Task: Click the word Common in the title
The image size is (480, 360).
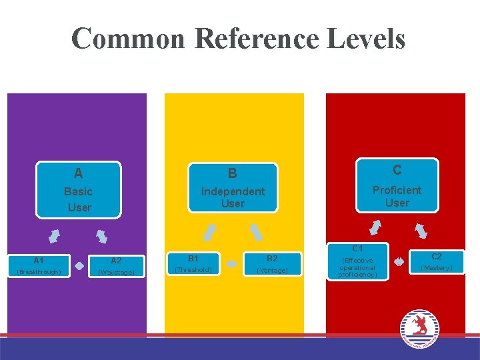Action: point(128,39)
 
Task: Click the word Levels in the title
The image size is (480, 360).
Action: point(367,39)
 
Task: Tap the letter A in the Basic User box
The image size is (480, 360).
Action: point(79,174)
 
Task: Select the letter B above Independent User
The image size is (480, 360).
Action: point(232,174)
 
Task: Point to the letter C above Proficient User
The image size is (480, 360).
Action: point(397,171)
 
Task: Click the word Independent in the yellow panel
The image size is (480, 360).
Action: point(233,191)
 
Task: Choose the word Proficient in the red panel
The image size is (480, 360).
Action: point(397,190)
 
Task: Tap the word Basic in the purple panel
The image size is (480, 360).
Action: point(79,192)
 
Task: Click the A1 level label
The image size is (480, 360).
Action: point(39,261)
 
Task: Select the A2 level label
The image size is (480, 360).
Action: point(116,261)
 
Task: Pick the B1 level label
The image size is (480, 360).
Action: point(193,258)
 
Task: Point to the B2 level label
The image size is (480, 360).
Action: point(272,258)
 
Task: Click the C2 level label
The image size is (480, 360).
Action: point(436,256)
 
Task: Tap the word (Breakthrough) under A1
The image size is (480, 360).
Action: point(39,272)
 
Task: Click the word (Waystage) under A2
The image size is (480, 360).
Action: point(116,272)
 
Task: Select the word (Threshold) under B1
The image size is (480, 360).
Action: point(193,270)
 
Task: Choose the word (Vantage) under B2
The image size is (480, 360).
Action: point(272,270)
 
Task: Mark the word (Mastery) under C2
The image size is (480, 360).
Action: point(436,268)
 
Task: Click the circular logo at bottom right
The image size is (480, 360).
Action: point(419,328)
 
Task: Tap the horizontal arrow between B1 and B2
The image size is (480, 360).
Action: point(232,264)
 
